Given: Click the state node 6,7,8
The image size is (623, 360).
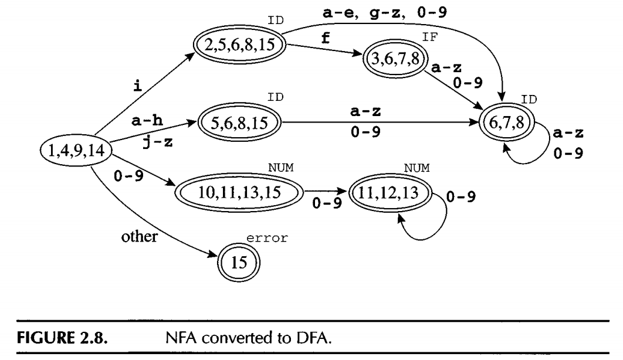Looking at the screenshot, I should [509, 123].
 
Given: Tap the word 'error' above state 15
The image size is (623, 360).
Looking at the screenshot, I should [262, 238].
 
